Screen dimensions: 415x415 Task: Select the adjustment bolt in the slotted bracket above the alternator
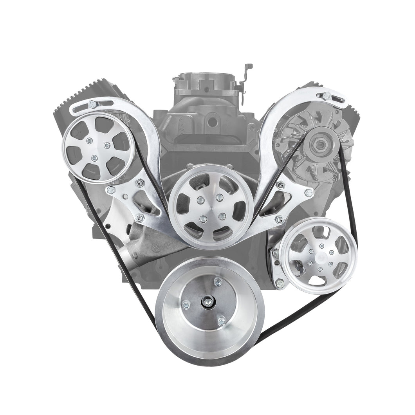(x=326, y=95)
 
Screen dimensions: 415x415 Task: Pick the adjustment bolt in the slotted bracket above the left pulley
(x=92, y=104)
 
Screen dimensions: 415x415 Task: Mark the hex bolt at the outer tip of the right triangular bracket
(x=309, y=193)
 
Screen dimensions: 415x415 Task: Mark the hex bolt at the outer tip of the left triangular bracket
(x=111, y=191)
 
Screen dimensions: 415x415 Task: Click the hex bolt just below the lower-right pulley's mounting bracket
(x=280, y=283)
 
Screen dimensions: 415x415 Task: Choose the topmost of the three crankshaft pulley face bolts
(x=217, y=282)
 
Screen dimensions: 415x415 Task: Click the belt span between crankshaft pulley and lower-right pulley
(x=298, y=313)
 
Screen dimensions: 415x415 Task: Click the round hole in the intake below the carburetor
(x=212, y=122)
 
